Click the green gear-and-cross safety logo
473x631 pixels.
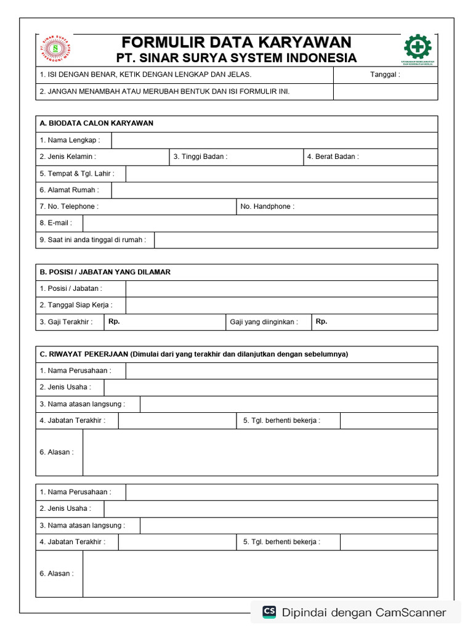tap(418, 47)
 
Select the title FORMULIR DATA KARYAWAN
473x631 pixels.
tap(236, 42)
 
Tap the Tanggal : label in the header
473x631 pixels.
tap(385, 75)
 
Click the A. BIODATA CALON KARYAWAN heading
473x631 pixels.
tap(96, 123)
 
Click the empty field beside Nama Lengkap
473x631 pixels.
tap(274, 140)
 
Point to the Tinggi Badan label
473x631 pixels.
tap(200, 157)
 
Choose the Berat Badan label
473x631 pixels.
tap(333, 157)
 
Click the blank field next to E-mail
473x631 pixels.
tap(260, 223)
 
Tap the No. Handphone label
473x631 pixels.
tap(267, 206)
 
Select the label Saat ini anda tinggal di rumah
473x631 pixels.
tap(93, 240)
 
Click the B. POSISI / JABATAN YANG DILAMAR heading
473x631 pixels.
tap(105, 272)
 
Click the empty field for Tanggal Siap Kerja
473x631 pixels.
tap(281, 305)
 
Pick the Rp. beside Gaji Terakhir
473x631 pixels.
tap(114, 321)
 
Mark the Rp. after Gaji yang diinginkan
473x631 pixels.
tap(321, 321)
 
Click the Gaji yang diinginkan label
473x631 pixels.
tap(264, 322)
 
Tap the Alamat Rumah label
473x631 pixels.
tap(69, 190)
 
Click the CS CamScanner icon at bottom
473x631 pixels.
tap(269, 612)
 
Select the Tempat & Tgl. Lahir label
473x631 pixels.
tap(77, 173)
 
